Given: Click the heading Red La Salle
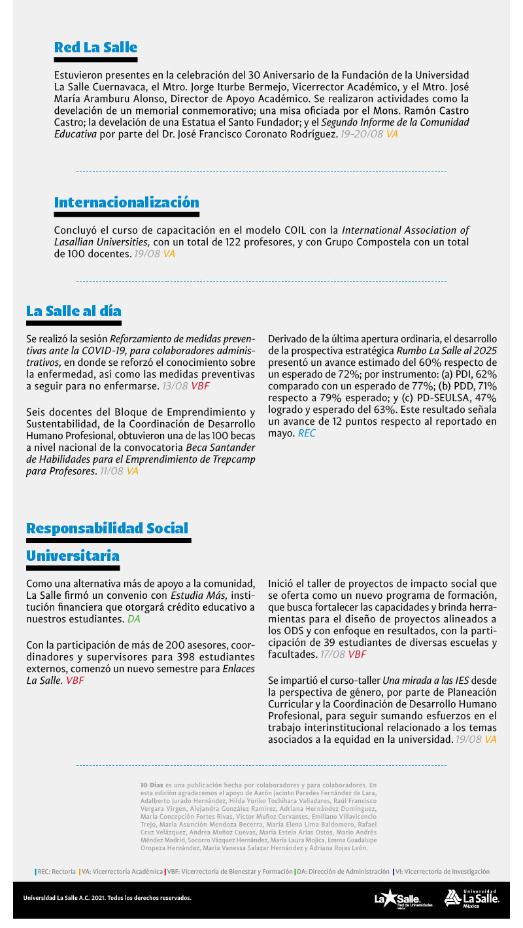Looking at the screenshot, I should click(x=95, y=47).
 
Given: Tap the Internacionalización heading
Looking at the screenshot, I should click(x=126, y=202).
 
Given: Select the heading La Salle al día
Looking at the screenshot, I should click(x=73, y=310).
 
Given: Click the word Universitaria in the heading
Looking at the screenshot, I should click(x=73, y=556).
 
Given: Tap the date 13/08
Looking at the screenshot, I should click(x=175, y=386).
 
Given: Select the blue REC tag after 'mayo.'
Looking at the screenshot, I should click(x=306, y=433).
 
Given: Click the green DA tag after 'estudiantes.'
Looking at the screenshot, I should click(x=133, y=618).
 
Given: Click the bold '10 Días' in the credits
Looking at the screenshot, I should click(x=152, y=784).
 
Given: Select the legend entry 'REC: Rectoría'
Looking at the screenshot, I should click(x=56, y=872).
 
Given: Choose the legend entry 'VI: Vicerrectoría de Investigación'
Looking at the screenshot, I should click(x=443, y=872).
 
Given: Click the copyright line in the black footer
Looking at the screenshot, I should click(x=107, y=898).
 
